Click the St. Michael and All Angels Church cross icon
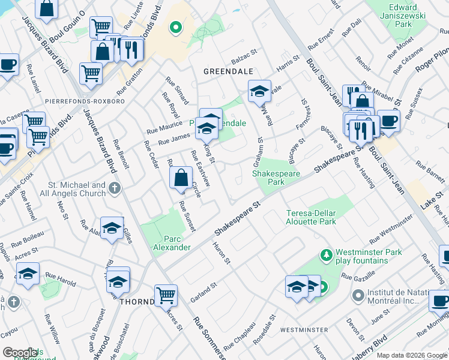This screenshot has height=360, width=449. [115, 190]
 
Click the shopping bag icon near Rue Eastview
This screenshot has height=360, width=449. [181, 178]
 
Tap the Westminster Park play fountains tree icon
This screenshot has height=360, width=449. [327, 256]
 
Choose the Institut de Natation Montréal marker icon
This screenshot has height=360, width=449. [358, 295]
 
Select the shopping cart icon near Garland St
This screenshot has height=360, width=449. [166, 294]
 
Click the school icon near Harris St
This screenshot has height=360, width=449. [259, 91]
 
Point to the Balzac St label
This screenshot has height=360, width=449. [243, 61]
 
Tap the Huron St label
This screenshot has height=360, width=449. [222, 253]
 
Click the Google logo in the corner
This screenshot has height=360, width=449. [20, 353]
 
